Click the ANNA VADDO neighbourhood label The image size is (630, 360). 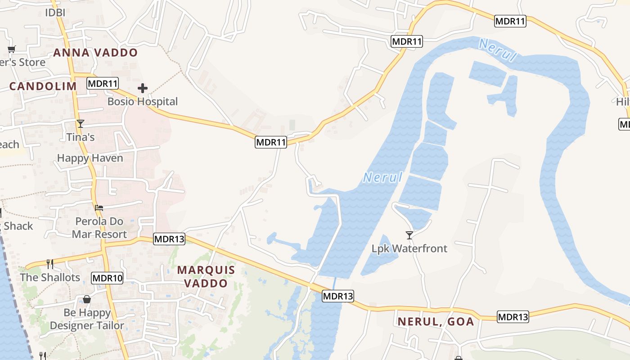coord(95,53)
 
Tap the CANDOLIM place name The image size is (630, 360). coord(43,86)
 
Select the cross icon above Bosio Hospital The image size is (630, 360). coord(143,88)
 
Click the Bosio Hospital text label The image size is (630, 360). coord(143,102)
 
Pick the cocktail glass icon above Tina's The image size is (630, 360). coord(81,124)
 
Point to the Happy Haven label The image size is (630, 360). coord(90,158)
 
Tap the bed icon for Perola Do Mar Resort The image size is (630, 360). coord(99,207)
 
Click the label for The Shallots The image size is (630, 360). coord(50,277)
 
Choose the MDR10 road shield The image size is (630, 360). coord(107,278)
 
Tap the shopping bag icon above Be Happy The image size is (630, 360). coord(87,299)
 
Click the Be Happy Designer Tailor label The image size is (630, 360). coord(87,319)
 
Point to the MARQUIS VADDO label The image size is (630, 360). coord(206,276)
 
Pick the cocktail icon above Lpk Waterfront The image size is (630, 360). coord(409,235)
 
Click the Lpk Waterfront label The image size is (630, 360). coord(409,248)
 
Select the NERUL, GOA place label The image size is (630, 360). coord(436,322)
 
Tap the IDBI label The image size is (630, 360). coord(55,13)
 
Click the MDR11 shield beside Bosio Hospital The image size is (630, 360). coord(103,83)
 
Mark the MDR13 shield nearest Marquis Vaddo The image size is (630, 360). coord(169,239)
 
